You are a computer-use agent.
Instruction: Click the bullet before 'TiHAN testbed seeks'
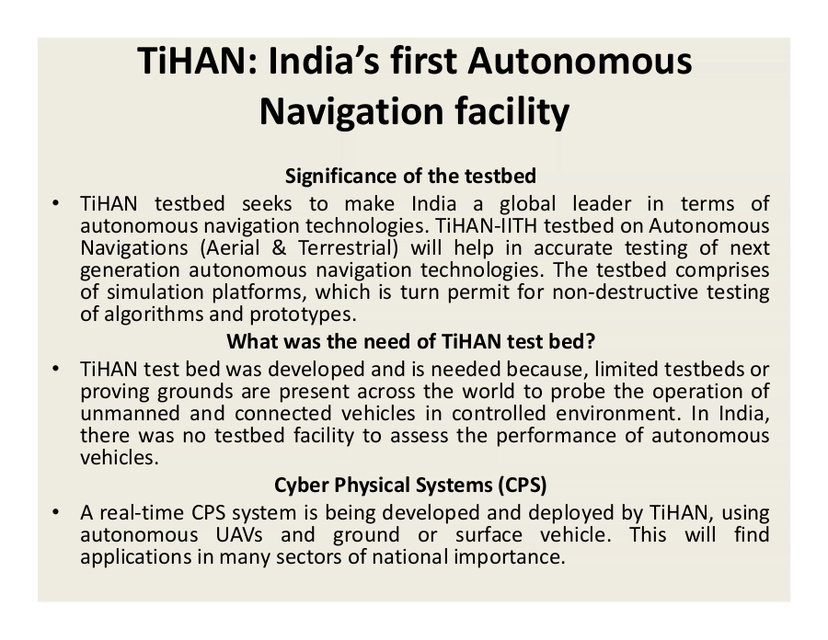coord(55,202)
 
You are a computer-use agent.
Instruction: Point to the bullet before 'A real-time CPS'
coord(55,512)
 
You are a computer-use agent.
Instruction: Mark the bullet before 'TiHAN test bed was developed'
coord(55,369)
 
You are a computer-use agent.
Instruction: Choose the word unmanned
coord(126,413)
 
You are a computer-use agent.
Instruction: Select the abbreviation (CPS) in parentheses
coord(523,485)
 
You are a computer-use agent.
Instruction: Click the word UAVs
coord(239,535)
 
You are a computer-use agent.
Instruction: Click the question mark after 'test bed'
coord(591,342)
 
